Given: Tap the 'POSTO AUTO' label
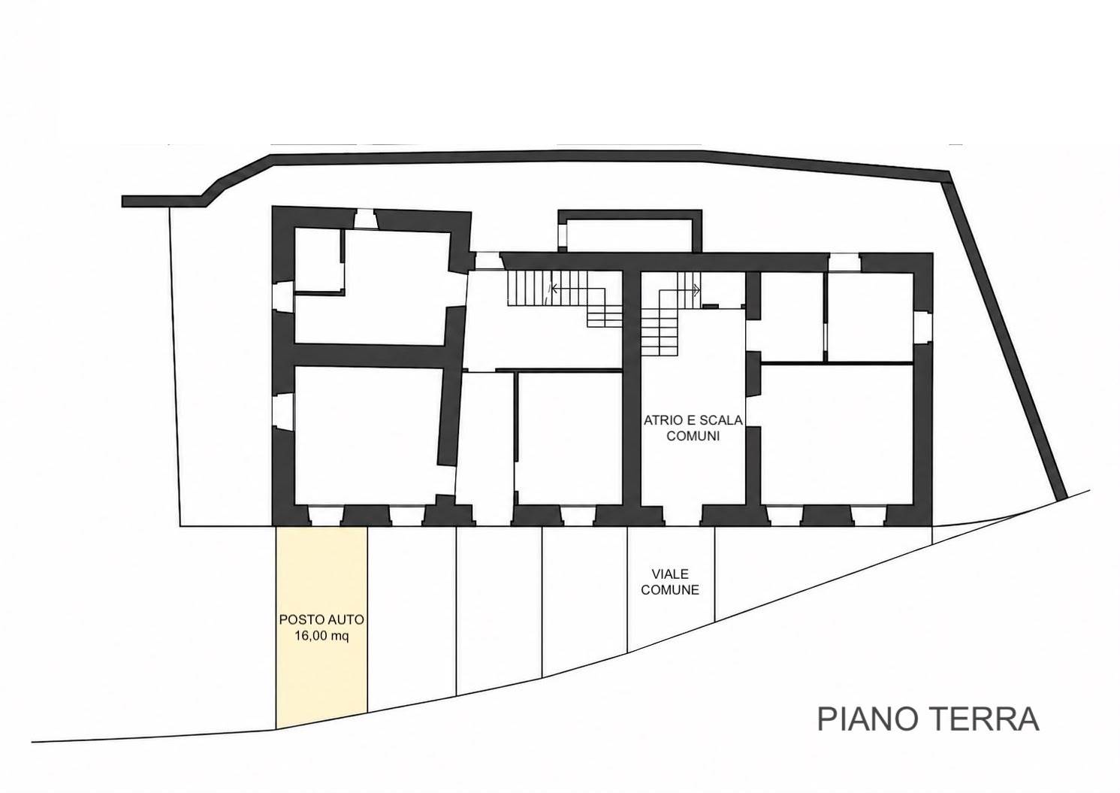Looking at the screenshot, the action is click(x=322, y=620).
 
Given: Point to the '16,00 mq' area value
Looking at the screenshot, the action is click(x=322, y=637).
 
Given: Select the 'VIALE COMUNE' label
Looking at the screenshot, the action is click(x=670, y=582).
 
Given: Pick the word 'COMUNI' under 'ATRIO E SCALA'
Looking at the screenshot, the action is click(x=693, y=436).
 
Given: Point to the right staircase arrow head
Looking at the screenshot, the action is click(x=697, y=289).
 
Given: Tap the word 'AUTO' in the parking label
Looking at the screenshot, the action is click(x=346, y=620).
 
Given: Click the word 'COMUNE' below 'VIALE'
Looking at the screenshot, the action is click(x=670, y=590).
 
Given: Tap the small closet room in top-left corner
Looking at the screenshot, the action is click(x=318, y=259).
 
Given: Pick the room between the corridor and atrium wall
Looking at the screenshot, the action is click(x=569, y=438).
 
